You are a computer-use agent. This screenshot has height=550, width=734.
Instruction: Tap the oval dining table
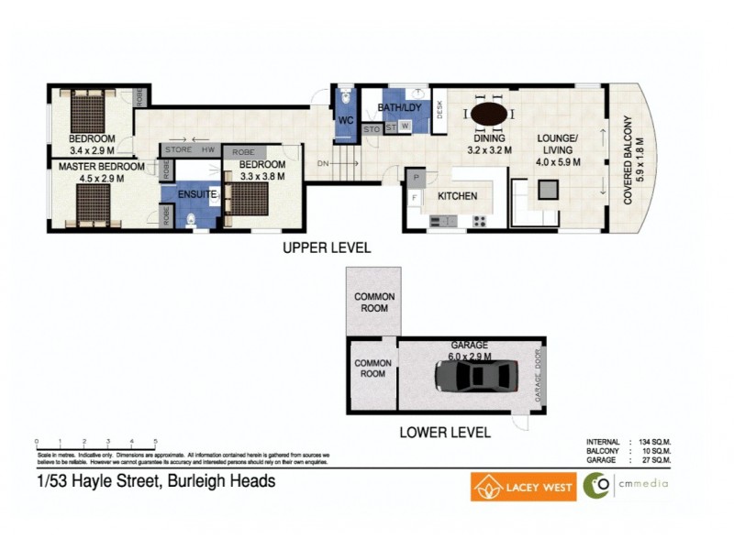tap(489, 114)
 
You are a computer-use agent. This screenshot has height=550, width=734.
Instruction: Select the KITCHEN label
tap(456, 196)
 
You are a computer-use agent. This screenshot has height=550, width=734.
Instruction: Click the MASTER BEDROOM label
tap(102, 167)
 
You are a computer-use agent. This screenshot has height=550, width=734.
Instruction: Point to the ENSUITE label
tap(197, 194)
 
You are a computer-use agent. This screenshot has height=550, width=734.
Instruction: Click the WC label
tap(345, 121)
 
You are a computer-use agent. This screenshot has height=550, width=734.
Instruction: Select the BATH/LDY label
tap(399, 108)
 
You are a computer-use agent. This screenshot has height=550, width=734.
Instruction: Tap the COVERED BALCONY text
tap(629, 160)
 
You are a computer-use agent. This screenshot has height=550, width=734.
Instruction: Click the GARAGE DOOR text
tap(539, 375)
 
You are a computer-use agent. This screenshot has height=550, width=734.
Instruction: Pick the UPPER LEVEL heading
tap(326, 248)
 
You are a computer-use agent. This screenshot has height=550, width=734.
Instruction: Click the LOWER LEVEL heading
tap(444, 433)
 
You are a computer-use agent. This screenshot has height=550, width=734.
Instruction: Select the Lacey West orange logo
tap(524, 486)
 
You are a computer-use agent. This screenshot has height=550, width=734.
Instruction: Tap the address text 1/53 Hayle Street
tap(156, 481)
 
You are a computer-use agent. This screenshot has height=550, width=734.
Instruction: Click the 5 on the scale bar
tap(156, 442)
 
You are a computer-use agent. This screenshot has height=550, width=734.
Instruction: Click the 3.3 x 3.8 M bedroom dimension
tap(262, 176)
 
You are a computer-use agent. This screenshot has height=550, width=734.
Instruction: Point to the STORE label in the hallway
tap(178, 149)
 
